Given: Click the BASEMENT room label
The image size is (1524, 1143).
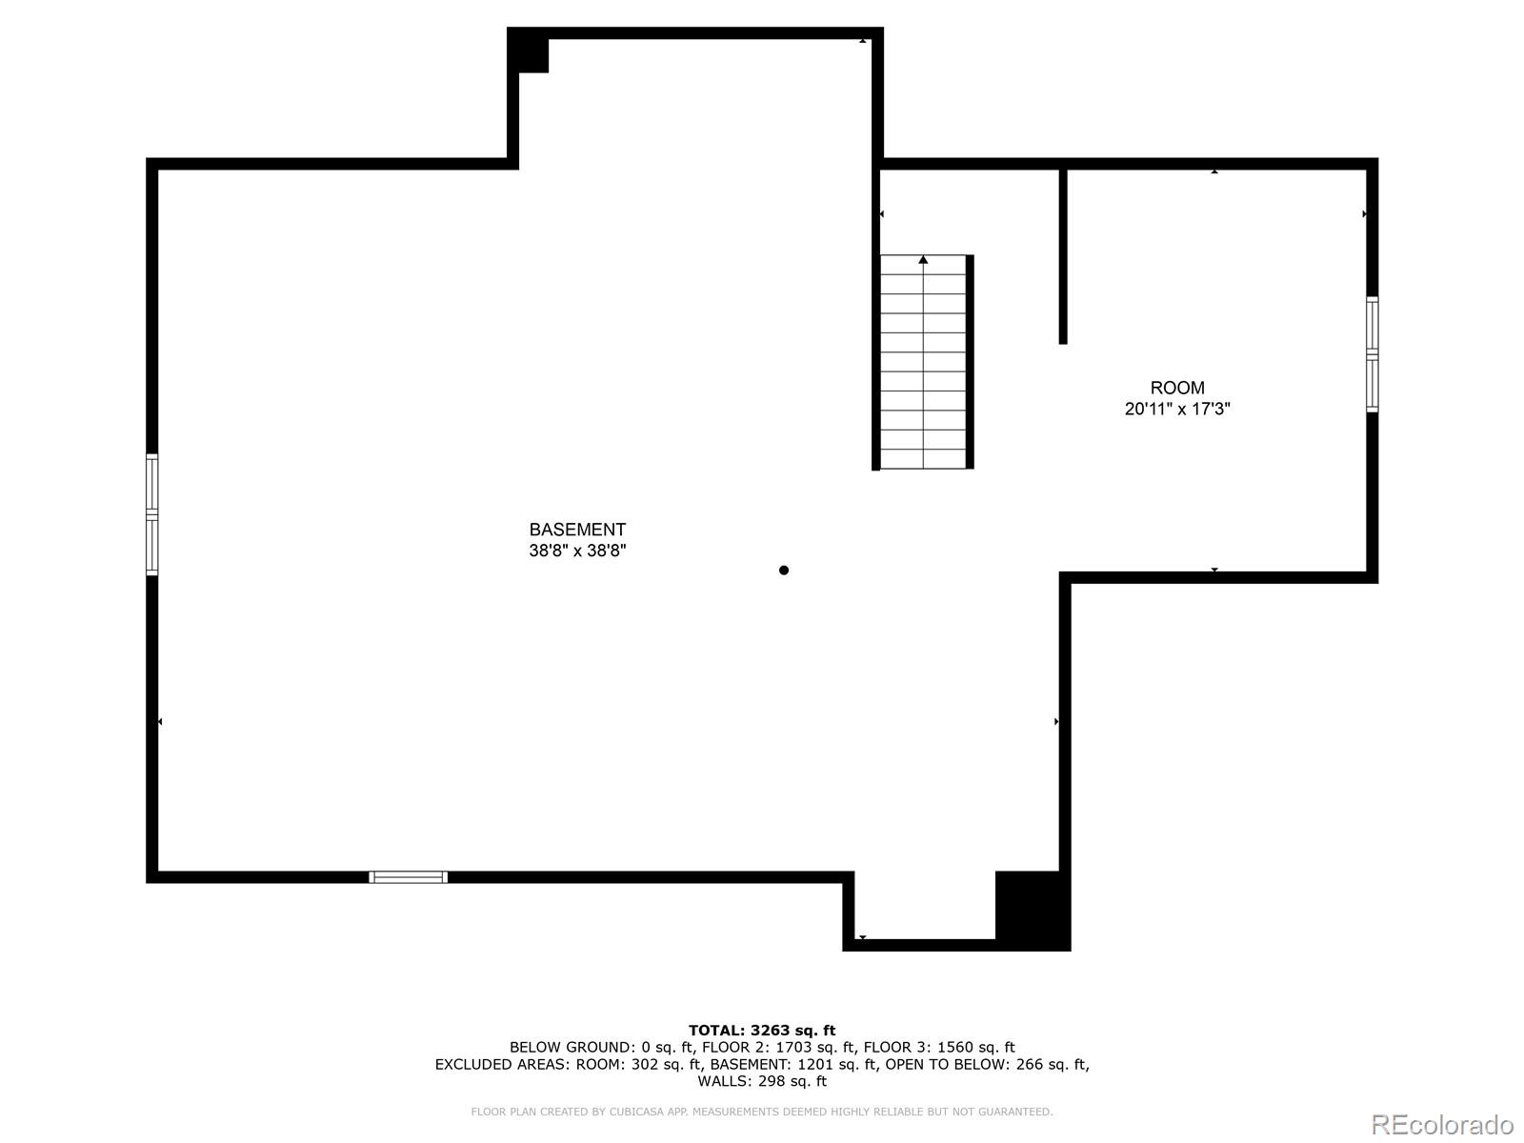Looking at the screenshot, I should click(577, 530).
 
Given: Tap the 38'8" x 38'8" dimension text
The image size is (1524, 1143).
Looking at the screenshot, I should click(577, 551).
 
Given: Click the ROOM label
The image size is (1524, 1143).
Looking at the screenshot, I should click(1177, 388).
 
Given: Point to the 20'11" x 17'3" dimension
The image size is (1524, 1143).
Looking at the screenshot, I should click(1177, 410).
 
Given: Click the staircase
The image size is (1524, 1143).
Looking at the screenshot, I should click(923, 363).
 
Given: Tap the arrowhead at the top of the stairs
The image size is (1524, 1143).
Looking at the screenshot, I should click(923, 259).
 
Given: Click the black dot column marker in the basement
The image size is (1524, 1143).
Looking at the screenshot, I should click(784, 571).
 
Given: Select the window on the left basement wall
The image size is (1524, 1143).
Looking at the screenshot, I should click(152, 514).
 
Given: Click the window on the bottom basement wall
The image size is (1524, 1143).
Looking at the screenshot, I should click(408, 877).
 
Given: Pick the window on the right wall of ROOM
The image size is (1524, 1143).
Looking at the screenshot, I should click(1372, 353).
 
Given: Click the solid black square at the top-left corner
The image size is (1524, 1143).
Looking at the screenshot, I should click(530, 52).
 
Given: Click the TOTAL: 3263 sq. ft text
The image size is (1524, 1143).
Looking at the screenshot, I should click(762, 1030).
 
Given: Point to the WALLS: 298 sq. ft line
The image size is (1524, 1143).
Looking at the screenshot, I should click(762, 1081).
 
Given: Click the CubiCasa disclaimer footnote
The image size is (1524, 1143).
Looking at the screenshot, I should click(762, 1112).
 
